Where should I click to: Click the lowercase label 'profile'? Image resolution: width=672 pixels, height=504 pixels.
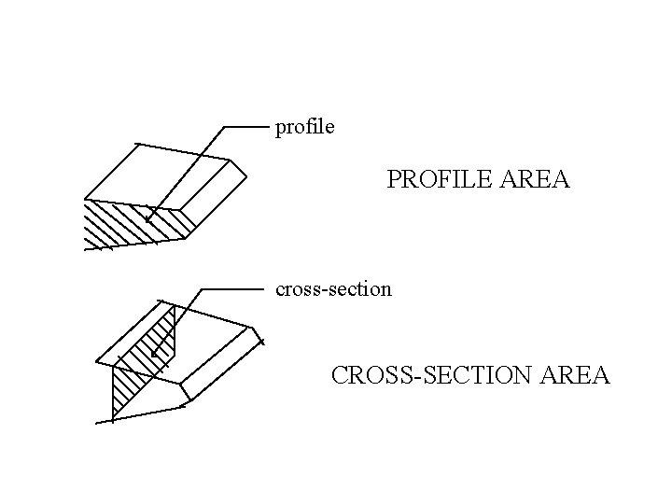pyautogui.click(x=304, y=126)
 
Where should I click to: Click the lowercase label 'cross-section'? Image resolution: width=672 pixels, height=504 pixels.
pyautogui.click(x=333, y=289)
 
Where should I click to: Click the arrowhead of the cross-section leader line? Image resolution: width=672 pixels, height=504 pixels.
pyautogui.click(x=153, y=356)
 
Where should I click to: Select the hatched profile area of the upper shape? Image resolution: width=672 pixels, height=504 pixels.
pyautogui.click(x=131, y=224)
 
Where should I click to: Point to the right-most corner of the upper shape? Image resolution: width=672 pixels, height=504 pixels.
pyautogui.click(x=249, y=175)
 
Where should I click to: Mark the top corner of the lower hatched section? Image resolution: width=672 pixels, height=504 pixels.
pyautogui.click(x=174, y=304)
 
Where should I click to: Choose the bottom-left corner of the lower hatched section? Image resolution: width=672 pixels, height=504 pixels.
pyautogui.click(x=112, y=419)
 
